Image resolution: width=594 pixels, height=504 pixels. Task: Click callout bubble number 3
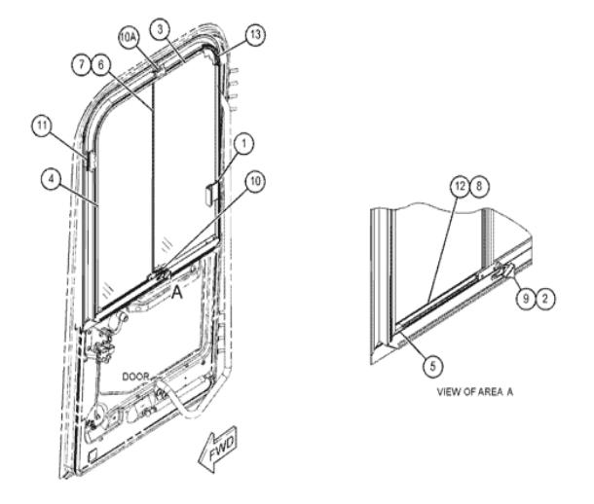click(161, 29)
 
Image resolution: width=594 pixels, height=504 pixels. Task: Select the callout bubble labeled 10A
click(129, 37)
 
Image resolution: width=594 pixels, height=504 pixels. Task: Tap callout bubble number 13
click(255, 35)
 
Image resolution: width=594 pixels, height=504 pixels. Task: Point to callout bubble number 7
click(82, 65)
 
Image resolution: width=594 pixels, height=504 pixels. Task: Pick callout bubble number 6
click(100, 65)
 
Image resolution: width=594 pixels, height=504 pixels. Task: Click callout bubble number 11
click(42, 126)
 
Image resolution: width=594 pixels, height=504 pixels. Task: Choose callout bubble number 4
click(52, 178)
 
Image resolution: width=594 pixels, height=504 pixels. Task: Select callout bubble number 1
click(243, 144)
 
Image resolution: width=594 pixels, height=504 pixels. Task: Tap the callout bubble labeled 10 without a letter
click(255, 181)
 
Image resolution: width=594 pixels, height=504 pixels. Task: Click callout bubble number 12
click(460, 186)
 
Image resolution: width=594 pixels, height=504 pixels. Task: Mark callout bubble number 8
click(479, 186)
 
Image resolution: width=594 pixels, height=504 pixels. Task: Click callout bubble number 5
click(432, 366)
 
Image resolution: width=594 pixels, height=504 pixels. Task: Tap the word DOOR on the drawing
click(135, 377)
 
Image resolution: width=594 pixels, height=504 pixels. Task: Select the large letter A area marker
click(177, 293)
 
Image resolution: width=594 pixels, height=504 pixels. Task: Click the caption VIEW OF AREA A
click(475, 392)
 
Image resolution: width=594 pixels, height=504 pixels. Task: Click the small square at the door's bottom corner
click(93, 455)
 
